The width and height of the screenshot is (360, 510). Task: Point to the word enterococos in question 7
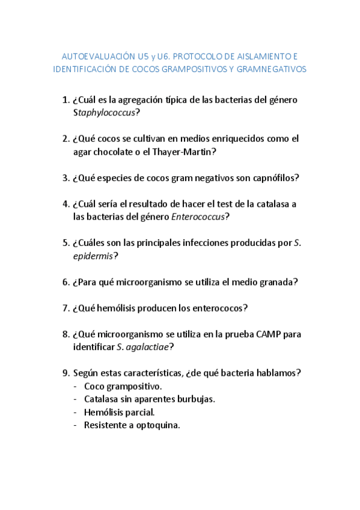pyautogui.click(x=216, y=308)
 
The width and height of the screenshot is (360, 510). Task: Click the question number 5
pyautogui.click(x=66, y=243)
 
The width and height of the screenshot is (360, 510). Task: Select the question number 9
pyautogui.click(x=66, y=373)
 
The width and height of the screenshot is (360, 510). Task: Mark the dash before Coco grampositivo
pyautogui.click(x=75, y=386)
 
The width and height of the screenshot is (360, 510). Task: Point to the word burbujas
pyautogui.click(x=196, y=399)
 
